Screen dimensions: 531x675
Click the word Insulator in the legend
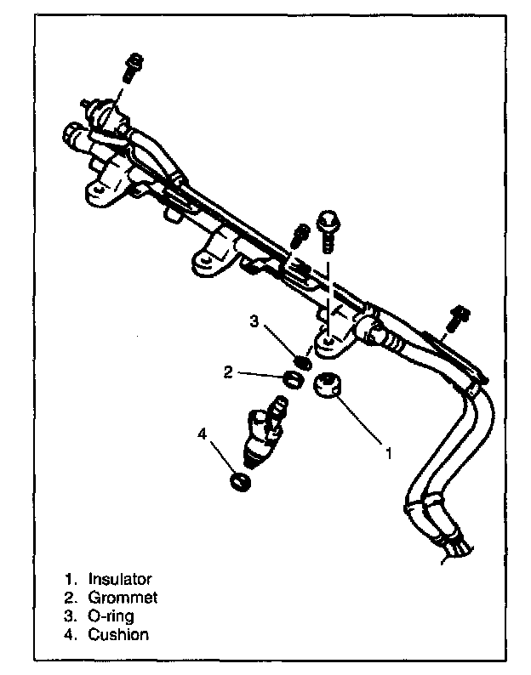click(119, 579)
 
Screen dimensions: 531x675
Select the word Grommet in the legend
click(123, 598)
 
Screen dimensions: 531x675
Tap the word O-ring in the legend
click(111, 615)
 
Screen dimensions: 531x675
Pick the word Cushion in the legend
click(118, 634)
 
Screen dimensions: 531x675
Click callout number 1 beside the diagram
click(388, 454)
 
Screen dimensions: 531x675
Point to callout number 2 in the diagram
click(228, 372)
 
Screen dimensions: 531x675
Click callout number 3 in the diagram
click(254, 320)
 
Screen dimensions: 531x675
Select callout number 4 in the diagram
click(202, 434)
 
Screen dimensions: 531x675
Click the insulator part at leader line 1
click(327, 384)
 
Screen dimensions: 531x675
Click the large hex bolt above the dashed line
click(327, 226)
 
